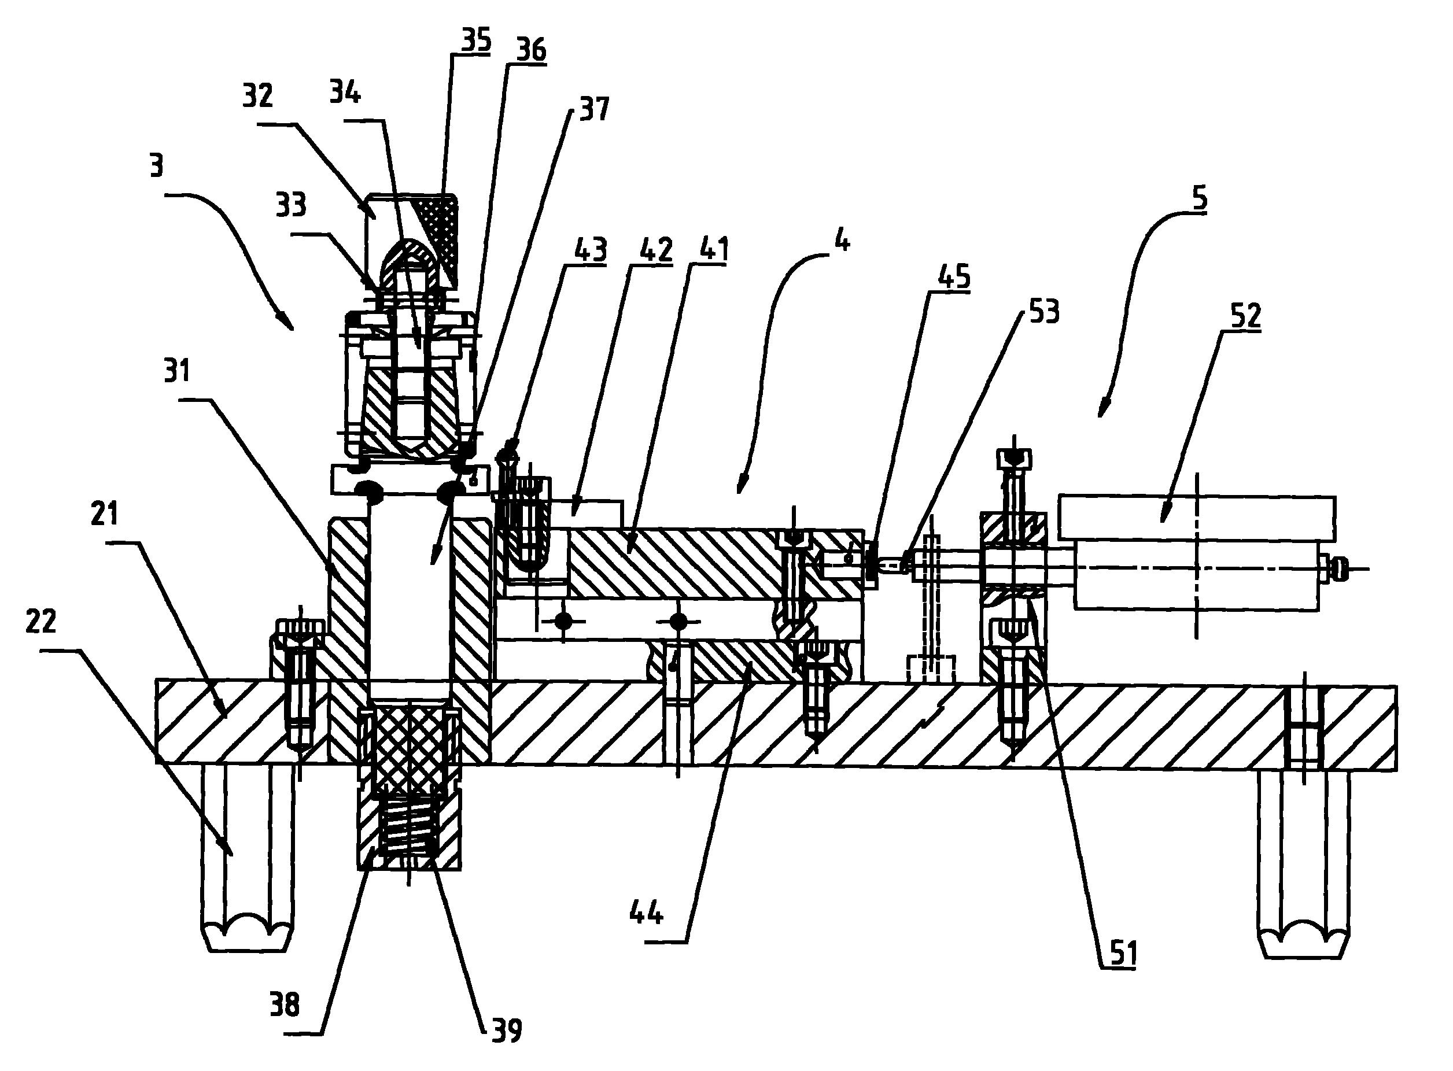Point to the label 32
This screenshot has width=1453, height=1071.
point(257,96)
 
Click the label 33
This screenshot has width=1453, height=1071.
point(290,205)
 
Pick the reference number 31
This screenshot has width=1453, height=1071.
point(176,371)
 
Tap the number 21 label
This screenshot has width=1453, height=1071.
point(104,514)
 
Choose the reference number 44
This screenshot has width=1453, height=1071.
point(646,914)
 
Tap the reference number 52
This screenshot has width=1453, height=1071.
point(1245,316)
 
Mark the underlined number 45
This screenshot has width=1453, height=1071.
point(954,278)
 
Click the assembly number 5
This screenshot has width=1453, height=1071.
point(1200,198)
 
